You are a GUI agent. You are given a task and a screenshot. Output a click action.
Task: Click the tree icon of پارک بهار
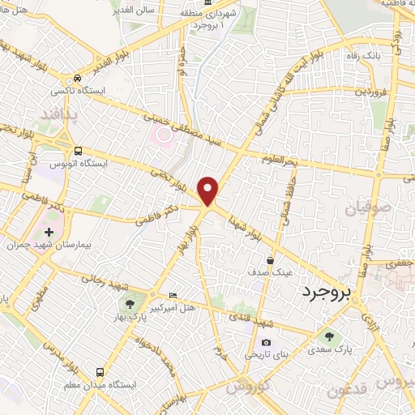[129, 304]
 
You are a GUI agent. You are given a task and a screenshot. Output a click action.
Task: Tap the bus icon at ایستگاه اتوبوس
[78, 151]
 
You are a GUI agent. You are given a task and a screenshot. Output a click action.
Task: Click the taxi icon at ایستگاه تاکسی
[77, 79]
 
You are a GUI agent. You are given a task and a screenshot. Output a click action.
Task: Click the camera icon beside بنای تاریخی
[265, 342]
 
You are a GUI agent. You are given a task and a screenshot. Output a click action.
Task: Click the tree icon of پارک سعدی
[328, 336]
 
